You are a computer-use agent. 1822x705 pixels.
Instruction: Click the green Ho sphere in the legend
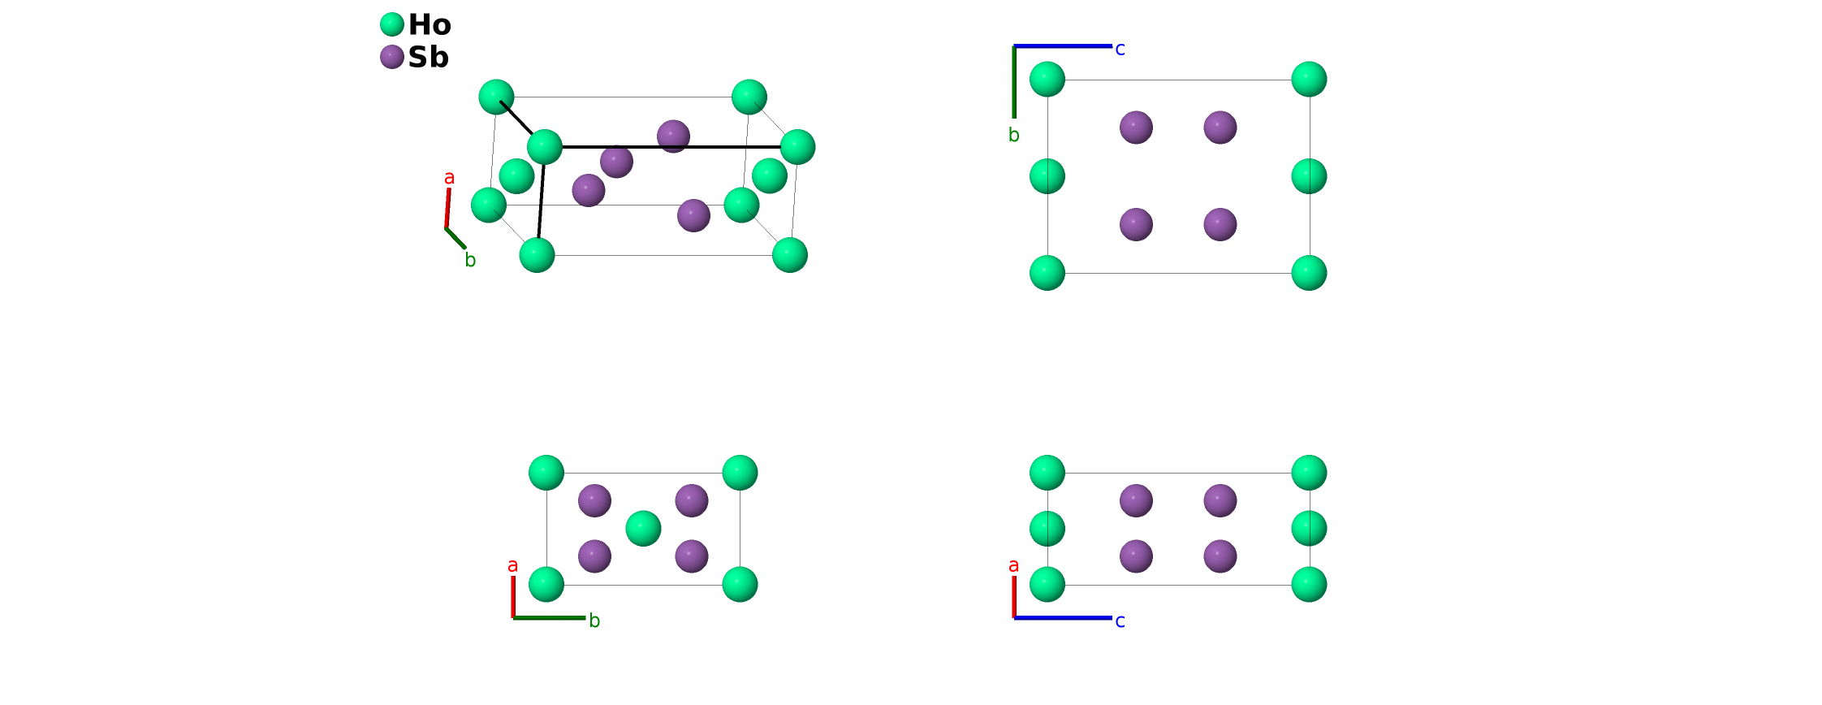(x=392, y=24)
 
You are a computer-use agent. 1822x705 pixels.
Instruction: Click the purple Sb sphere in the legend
(x=392, y=57)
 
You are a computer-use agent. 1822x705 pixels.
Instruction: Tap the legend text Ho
(x=430, y=25)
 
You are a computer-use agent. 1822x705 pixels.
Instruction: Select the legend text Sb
(x=428, y=58)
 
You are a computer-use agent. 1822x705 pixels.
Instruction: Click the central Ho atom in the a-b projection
(x=643, y=529)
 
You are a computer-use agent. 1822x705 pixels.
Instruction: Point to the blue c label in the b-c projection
(x=1120, y=50)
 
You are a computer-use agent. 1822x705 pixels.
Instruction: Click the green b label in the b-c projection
(x=1013, y=135)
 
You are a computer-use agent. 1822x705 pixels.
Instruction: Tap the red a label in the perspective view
(x=449, y=178)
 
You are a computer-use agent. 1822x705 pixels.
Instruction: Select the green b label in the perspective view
(x=470, y=260)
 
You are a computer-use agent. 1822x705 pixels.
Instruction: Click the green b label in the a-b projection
(x=594, y=621)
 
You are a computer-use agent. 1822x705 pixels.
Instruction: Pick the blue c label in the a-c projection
(x=1120, y=621)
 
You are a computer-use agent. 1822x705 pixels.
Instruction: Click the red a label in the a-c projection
(x=1013, y=565)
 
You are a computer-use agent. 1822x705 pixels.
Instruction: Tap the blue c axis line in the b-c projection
(x=1063, y=46)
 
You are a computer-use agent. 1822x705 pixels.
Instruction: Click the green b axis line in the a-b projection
(x=549, y=618)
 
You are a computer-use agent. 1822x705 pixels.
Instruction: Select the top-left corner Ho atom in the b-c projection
(x=1047, y=79)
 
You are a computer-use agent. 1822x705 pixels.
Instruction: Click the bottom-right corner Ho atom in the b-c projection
(x=1309, y=273)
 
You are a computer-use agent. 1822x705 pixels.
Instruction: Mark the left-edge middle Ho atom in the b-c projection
(x=1047, y=176)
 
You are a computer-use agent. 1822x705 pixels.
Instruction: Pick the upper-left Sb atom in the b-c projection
(x=1136, y=128)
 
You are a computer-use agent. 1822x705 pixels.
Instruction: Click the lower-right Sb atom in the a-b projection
(x=692, y=556)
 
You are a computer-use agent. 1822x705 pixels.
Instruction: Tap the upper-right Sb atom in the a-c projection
(x=1220, y=500)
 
